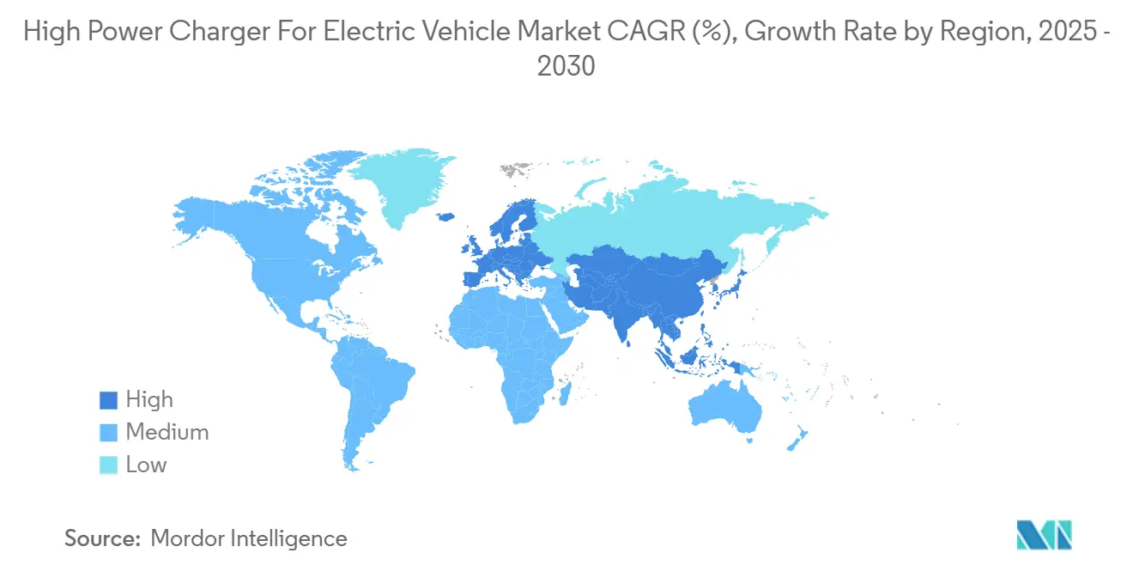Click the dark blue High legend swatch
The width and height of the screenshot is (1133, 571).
click(108, 400)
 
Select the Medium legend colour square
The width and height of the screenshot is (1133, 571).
click(108, 433)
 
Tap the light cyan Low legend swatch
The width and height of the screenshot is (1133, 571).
click(108, 465)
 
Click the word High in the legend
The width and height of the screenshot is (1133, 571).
click(149, 400)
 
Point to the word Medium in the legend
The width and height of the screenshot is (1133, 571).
click(167, 433)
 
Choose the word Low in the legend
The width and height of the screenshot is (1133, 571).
click(147, 465)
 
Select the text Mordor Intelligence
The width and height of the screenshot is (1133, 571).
click(249, 538)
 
